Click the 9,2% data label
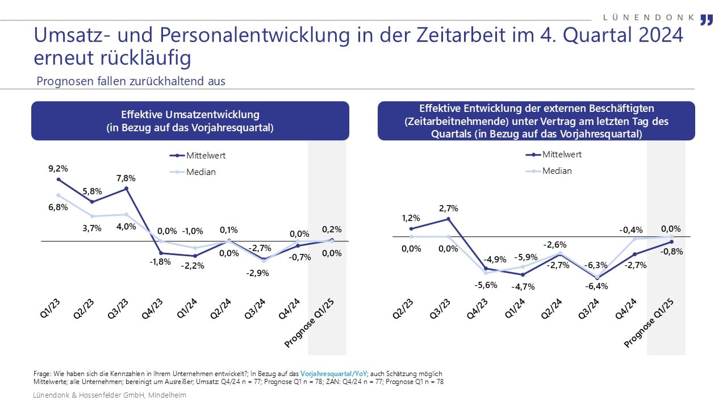[x=59, y=168]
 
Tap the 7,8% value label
[x=126, y=177]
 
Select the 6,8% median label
[x=59, y=207]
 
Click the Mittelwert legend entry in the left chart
[x=206, y=156]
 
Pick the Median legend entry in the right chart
[x=557, y=170]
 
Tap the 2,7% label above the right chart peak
[x=449, y=208]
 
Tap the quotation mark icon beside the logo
[x=706, y=20]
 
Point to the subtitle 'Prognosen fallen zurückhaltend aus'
[x=131, y=81]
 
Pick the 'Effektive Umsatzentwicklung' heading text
[x=190, y=115]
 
